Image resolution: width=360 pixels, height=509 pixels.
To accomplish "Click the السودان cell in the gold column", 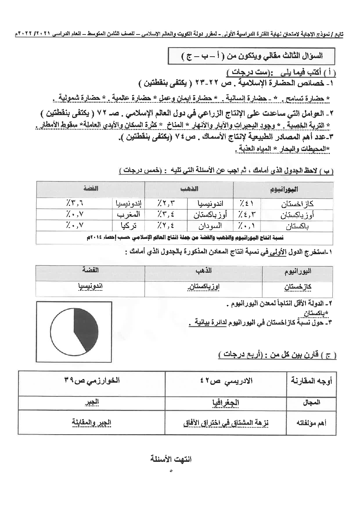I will click(x=207, y=225).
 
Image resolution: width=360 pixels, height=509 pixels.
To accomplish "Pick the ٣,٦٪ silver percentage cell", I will click(x=75, y=204).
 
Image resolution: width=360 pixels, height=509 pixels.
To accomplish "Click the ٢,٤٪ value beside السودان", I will click(x=166, y=225).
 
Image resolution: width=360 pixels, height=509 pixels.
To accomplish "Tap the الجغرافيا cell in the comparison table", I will click(x=225, y=403).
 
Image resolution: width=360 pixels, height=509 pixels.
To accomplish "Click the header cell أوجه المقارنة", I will click(x=311, y=381).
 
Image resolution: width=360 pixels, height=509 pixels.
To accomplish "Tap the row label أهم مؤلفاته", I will click(x=311, y=423).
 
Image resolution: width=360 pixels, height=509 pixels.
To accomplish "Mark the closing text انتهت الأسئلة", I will click(x=171, y=459).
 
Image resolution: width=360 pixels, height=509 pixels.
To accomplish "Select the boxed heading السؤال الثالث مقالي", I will click(x=252, y=56).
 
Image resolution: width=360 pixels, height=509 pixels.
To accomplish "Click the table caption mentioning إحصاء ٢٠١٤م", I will click(x=185, y=237).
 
